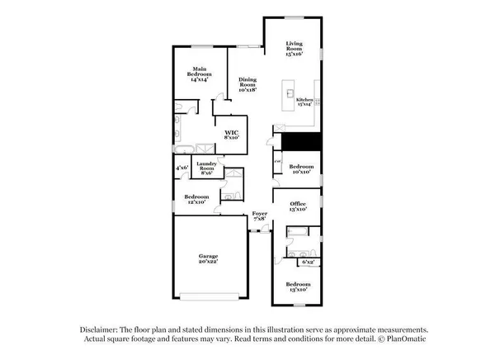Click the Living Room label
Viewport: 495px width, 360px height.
pyautogui.click(x=295, y=48)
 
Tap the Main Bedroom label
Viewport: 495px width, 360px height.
pyautogui.click(x=200, y=73)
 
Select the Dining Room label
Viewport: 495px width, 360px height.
pyautogui.click(x=247, y=85)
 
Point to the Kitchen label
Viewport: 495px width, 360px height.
pyautogui.click(x=305, y=102)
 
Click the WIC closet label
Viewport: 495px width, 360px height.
pyautogui.click(x=230, y=134)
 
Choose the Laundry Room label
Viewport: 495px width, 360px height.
pyautogui.click(x=206, y=168)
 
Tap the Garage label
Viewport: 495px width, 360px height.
pyautogui.click(x=207, y=258)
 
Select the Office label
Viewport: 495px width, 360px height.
pyautogui.click(x=297, y=206)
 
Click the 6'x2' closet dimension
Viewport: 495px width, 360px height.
pyautogui.click(x=309, y=262)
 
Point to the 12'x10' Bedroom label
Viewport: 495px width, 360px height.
pyautogui.click(x=196, y=200)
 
